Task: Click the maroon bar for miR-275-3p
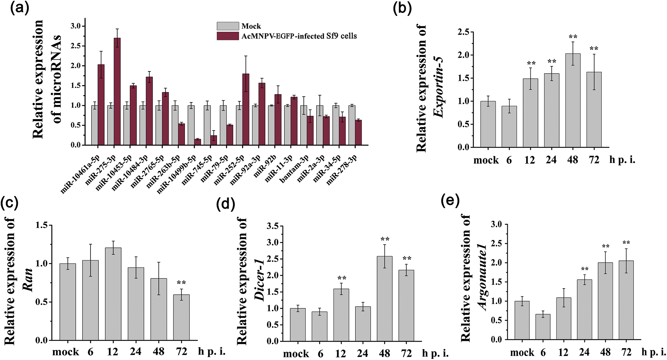click(117, 92)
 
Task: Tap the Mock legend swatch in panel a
click(228, 26)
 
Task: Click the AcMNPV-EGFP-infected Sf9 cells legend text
click(299, 36)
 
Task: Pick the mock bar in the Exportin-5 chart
click(488, 124)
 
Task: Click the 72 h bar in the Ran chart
click(181, 317)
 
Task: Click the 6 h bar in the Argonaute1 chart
click(543, 327)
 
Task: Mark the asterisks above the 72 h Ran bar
click(181, 283)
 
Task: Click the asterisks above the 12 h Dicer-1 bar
click(341, 278)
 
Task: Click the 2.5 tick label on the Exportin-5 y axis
click(463, 32)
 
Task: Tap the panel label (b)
click(402, 8)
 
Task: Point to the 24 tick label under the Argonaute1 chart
click(584, 352)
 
